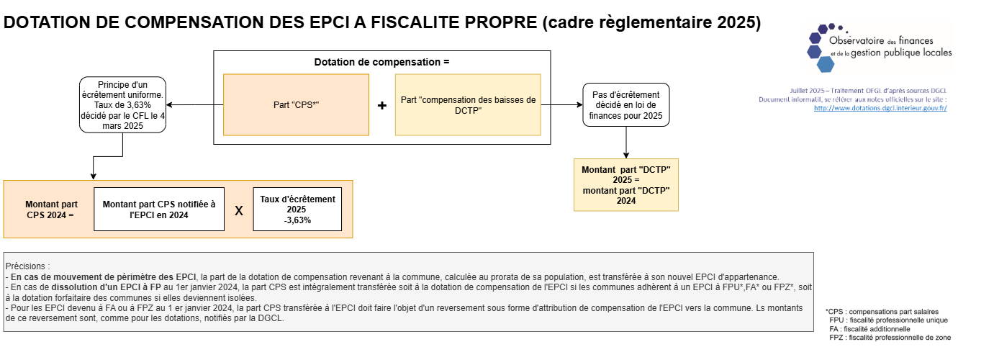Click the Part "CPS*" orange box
pos(296,104)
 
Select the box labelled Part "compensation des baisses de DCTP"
pos(468,104)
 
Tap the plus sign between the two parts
pos(382,106)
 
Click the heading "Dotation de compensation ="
pos(381,62)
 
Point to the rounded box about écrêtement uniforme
pos(122,104)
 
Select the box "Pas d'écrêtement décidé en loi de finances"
pos(625,104)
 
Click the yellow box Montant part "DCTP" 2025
pos(626,184)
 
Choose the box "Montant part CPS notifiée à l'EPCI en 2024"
pos(159,209)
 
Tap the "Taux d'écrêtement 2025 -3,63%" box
pos(297,209)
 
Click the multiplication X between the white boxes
pos(239,211)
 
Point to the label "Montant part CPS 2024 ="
pos(51,210)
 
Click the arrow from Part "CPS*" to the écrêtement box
pos(195,104)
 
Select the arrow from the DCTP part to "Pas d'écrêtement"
pos(562,104)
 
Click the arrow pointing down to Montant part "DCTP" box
pos(626,143)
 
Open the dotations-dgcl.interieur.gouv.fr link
pos(880,108)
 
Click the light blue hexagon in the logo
pos(826,64)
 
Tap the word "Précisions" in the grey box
pos(26,266)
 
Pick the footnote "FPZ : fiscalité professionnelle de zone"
pos(890,338)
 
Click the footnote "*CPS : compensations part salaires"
pos(882,312)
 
